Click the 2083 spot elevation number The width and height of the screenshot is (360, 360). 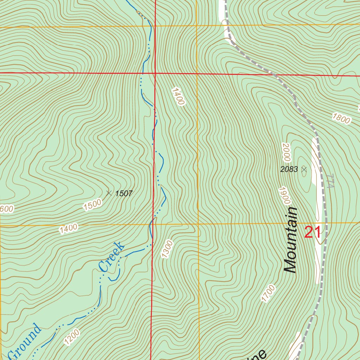click(x=289, y=169)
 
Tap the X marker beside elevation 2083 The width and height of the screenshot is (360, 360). click(x=304, y=169)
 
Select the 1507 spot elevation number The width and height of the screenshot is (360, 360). click(x=124, y=193)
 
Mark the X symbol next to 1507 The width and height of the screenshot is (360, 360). click(x=109, y=193)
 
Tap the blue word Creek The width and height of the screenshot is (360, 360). click(x=111, y=257)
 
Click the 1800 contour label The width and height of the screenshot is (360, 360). click(x=340, y=118)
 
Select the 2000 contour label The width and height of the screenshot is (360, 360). click(x=285, y=152)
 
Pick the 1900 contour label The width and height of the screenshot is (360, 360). click(x=285, y=196)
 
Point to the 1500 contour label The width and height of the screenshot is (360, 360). click(x=92, y=204)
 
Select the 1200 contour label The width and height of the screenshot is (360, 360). click(x=72, y=337)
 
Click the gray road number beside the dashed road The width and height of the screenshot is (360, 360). click(x=330, y=181)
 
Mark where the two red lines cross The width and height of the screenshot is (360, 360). click(x=155, y=73)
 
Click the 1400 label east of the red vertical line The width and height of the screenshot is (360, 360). click(x=178, y=96)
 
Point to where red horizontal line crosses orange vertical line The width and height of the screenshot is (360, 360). click(x=197, y=73)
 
